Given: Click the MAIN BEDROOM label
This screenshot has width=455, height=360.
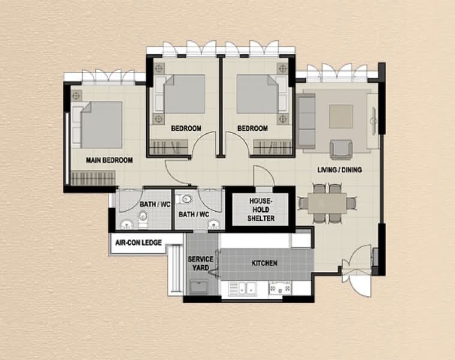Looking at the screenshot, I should click(109, 160).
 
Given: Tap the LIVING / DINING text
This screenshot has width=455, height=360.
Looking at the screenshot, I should click(339, 170).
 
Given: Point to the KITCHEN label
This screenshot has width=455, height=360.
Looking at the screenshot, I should click(264, 263).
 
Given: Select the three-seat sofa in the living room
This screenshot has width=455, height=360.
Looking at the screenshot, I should click(306, 121).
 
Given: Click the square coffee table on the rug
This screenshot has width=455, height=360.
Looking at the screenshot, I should click(341, 116).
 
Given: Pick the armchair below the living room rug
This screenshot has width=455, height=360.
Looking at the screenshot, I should click(341, 148).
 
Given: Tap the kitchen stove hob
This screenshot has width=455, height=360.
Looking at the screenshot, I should click(279, 289).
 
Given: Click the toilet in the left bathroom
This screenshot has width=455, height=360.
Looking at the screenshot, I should click(143, 222).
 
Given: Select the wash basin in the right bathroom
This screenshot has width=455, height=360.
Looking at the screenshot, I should click(212, 224).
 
